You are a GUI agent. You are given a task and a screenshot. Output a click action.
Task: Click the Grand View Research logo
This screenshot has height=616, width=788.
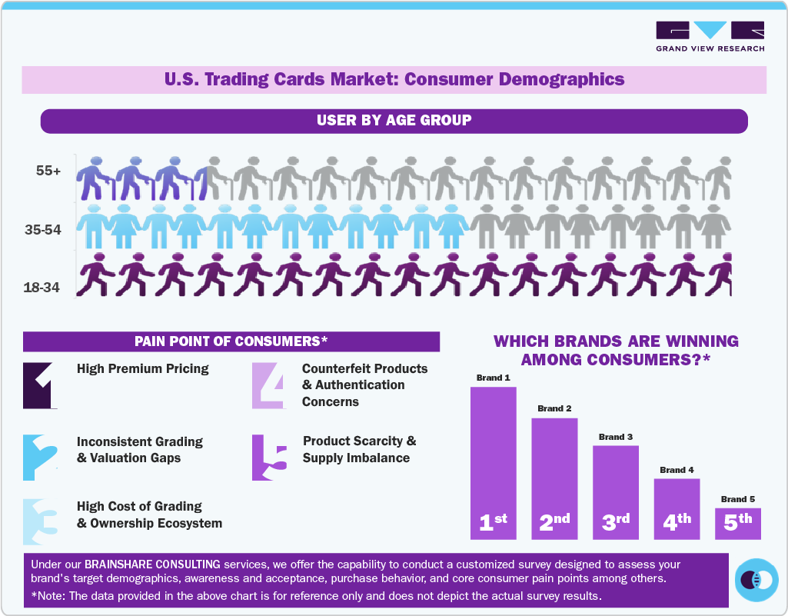click(x=710, y=36)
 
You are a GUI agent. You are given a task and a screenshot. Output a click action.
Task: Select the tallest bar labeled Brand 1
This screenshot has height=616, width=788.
click(x=493, y=461)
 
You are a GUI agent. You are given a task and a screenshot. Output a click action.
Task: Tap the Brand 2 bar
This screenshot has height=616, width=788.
click(x=554, y=477)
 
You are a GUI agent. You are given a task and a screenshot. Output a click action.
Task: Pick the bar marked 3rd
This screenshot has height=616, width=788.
click(x=615, y=492)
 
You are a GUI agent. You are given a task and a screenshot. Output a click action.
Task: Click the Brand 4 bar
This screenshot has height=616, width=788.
click(x=677, y=508)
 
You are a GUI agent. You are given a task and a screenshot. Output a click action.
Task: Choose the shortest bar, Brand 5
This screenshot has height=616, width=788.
click(x=738, y=523)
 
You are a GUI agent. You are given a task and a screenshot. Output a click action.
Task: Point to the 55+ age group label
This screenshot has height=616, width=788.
click(x=48, y=171)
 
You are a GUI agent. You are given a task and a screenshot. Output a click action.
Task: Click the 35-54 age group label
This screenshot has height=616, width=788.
click(x=43, y=229)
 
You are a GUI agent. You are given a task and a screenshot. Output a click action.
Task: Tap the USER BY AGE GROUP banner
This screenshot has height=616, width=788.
click(x=394, y=121)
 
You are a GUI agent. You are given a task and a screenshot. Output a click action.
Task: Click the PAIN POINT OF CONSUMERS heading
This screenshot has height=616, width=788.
click(x=231, y=341)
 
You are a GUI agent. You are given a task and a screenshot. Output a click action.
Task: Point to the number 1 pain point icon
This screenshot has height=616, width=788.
click(x=38, y=385)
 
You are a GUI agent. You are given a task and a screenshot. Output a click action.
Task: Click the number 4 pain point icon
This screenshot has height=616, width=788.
click(x=268, y=385)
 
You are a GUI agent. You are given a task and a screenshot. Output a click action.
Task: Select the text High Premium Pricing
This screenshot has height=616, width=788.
click(x=143, y=369)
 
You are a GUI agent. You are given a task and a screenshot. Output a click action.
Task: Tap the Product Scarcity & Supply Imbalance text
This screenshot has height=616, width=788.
click(x=359, y=450)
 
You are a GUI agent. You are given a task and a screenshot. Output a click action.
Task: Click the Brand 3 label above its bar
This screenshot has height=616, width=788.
click(x=616, y=437)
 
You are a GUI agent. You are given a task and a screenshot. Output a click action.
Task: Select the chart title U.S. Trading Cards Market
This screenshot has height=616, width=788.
click(x=394, y=79)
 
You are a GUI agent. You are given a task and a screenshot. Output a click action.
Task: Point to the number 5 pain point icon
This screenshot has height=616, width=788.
click(x=269, y=458)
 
